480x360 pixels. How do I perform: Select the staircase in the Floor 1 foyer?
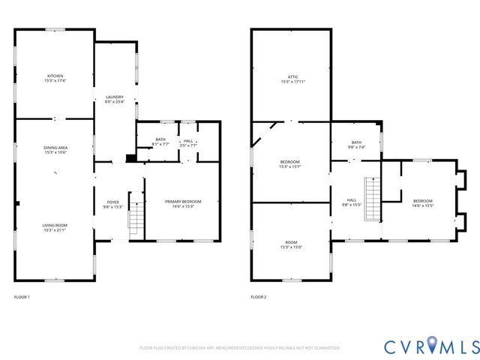pyautogui.click(x=136, y=217)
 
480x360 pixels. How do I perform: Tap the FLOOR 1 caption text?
pyautogui.click(x=22, y=298)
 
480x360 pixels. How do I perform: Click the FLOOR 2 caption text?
pyautogui.click(x=258, y=298)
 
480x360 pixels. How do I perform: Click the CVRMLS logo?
pyautogui.click(x=430, y=346)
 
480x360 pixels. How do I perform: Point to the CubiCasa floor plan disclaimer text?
pyautogui.click(x=239, y=348)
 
